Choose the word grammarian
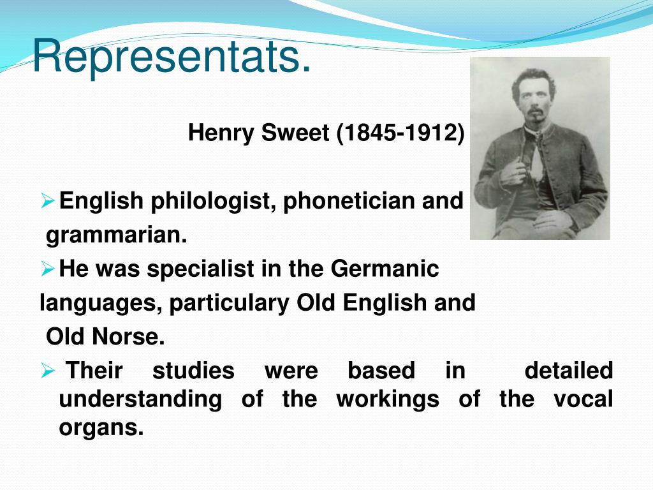coord(117,236)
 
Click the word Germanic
coord(385,269)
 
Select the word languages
coord(100,302)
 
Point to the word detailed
coord(568,370)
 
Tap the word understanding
coord(140,399)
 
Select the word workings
coord(388,399)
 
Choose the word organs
coord(101,427)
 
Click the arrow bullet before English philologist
coord(48,202)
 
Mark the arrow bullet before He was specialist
coord(48,269)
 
